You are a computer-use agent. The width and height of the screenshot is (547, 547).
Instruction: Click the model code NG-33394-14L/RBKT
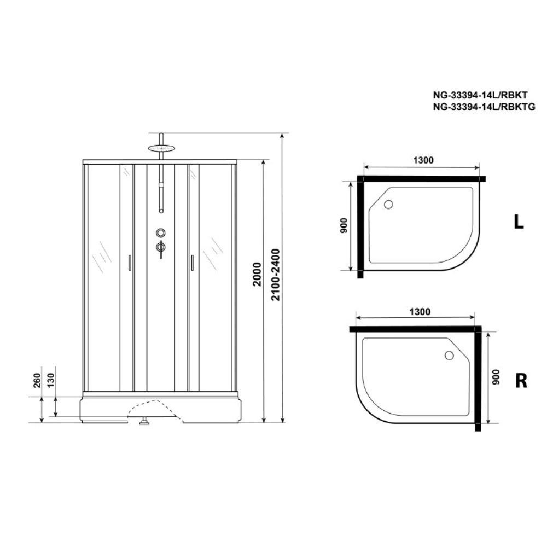(480, 95)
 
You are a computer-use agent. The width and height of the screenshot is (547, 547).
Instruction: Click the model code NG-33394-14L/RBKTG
(484, 107)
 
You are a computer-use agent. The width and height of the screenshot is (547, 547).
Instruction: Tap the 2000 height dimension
(257, 274)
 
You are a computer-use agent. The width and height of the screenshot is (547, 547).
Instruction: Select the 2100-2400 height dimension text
(276, 275)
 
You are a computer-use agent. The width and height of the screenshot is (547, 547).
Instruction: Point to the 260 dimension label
(37, 380)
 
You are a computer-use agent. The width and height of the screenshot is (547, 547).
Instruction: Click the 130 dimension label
(51, 380)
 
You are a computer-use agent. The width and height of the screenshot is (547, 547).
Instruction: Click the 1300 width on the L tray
(423, 160)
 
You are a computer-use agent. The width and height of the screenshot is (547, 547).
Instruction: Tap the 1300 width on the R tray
(420, 312)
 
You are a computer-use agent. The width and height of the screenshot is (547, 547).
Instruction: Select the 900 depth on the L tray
(344, 225)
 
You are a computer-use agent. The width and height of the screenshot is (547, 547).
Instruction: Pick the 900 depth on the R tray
(496, 377)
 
